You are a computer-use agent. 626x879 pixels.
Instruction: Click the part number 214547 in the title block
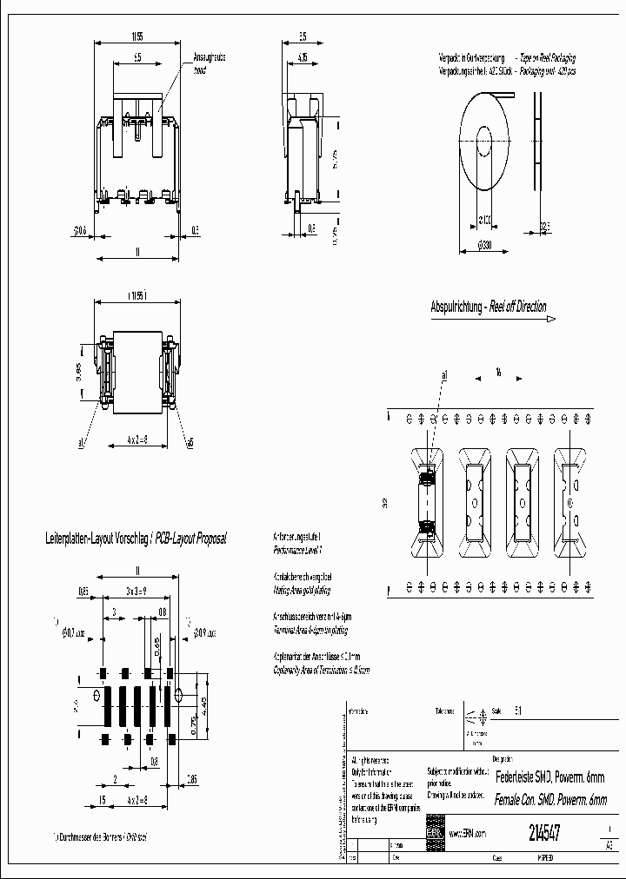tap(544, 831)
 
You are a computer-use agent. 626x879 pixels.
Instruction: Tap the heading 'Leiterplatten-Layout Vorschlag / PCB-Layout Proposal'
tap(135, 539)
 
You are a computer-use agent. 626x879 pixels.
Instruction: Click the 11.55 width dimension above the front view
tap(137, 36)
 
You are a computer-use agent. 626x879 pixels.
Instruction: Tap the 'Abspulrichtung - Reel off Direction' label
tap(489, 307)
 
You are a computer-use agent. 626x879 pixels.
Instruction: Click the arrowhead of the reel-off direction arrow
tap(551, 320)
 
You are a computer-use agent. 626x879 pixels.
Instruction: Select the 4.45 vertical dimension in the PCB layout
tap(203, 712)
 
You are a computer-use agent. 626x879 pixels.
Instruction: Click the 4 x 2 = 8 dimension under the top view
tap(135, 440)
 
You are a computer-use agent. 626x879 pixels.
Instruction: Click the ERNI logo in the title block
tap(434, 831)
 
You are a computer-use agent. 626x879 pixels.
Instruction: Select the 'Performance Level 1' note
tap(292, 550)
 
